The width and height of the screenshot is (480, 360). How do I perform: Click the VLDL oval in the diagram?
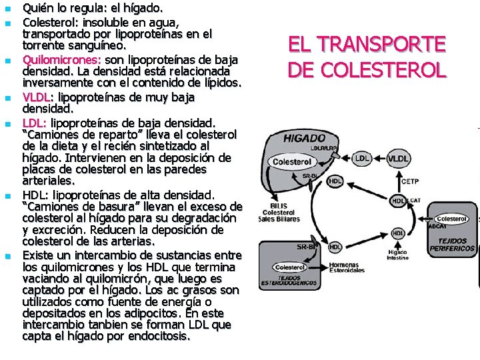pos(399,159)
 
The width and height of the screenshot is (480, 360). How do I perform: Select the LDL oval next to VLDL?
pos(363,159)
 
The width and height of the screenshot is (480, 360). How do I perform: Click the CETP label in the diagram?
pos(409,181)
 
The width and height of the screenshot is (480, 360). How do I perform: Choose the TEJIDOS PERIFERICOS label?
pos(457,245)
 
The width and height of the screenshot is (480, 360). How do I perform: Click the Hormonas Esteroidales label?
pos(347,267)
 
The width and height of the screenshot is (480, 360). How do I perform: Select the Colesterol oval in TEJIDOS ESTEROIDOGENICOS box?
pos(289,267)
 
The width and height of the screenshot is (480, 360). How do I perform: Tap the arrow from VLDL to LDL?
pos(380,159)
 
